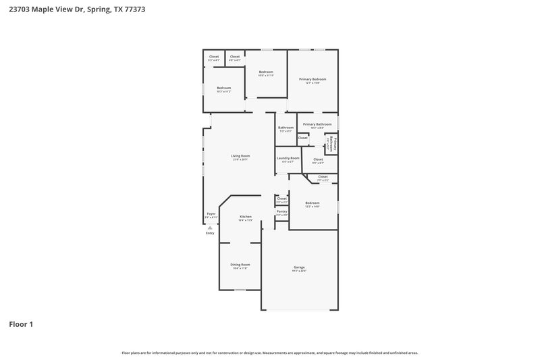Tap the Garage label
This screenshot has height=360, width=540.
coord(299,267)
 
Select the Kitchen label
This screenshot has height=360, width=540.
coord(245,217)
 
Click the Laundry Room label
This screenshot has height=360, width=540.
coord(288,158)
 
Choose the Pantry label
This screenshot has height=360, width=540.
coord(282,211)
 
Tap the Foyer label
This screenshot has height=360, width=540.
coord(211,214)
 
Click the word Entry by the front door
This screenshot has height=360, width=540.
coord(210,233)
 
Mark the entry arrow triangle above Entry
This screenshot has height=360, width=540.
coord(210,228)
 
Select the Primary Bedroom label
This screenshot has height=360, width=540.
coord(313,79)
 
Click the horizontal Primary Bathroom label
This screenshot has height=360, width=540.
coord(317,124)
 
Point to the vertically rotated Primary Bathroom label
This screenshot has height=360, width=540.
coord(334,144)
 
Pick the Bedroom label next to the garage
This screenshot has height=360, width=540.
coord(312,203)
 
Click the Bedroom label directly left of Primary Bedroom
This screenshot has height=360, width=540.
coord(266,72)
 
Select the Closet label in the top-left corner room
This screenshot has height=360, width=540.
coord(214,57)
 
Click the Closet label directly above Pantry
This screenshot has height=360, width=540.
coord(282,199)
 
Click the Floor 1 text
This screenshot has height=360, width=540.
coord(20,324)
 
